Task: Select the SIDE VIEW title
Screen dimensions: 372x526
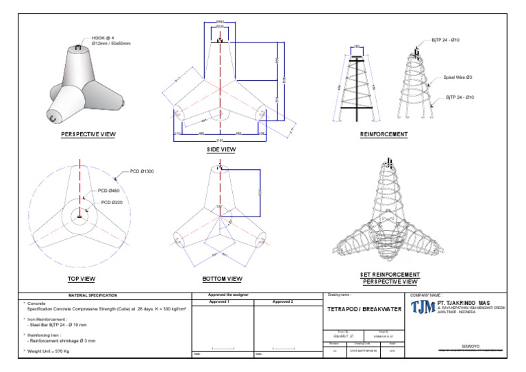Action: (x=221, y=149)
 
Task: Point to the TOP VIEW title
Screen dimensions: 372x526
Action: (x=82, y=279)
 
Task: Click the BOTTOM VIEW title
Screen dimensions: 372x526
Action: (x=222, y=279)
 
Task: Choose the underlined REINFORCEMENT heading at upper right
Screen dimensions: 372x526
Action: (x=384, y=134)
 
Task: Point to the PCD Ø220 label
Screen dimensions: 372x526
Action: (x=114, y=202)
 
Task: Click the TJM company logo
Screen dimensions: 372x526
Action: (x=422, y=308)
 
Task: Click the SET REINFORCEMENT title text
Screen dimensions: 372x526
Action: (x=389, y=275)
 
